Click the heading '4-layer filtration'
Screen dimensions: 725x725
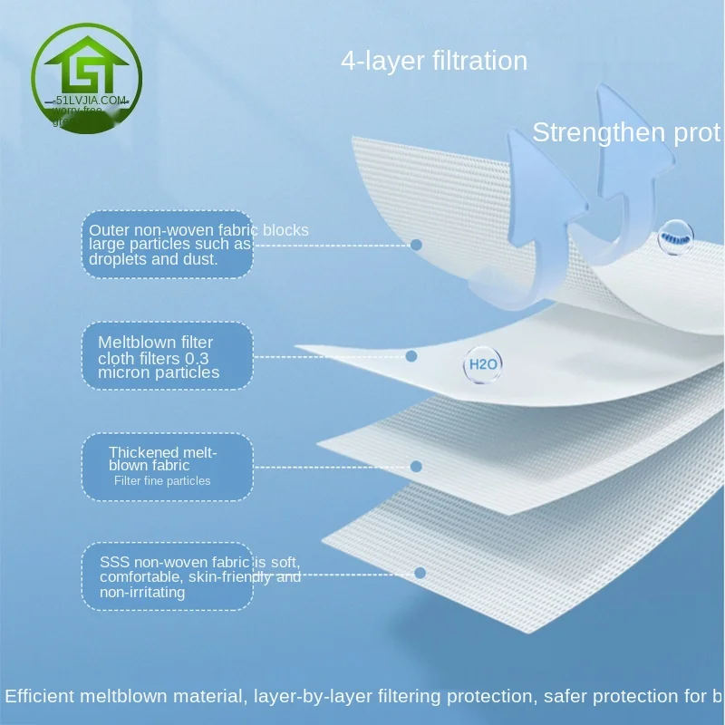(x=434, y=62)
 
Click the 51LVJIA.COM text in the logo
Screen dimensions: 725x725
(x=92, y=101)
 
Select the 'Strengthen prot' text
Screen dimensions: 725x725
(x=625, y=133)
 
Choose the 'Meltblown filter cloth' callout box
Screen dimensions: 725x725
(x=167, y=356)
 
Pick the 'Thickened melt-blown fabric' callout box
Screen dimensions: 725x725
(x=167, y=467)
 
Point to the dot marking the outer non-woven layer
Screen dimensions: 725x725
(x=417, y=245)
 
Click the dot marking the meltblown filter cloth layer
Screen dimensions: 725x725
(x=411, y=356)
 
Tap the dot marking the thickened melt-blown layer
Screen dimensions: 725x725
(x=417, y=467)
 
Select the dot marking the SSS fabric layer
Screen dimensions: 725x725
(x=420, y=573)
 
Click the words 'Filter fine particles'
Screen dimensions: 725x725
(x=162, y=481)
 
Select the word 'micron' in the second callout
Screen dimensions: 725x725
(x=124, y=372)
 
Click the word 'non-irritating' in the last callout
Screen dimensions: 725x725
(x=142, y=593)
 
